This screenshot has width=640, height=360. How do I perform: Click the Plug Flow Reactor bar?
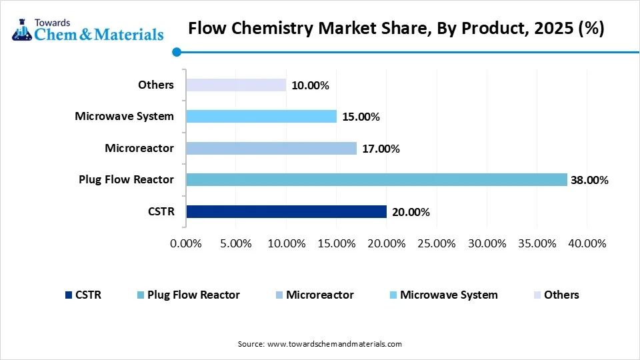[x=377, y=180]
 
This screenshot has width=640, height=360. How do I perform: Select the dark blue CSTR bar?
[x=286, y=212]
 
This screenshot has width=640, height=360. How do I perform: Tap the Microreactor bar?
[x=271, y=148]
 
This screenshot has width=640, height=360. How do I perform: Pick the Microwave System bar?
[x=261, y=117]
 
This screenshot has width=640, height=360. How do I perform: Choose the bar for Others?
[x=236, y=85]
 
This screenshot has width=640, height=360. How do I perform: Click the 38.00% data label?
[x=589, y=180]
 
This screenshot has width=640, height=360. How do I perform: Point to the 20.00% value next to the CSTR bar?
[x=411, y=212]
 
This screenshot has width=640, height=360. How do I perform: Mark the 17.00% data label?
[x=381, y=149]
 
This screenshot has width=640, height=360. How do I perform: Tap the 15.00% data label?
[x=361, y=117]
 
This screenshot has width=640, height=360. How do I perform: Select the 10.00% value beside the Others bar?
[x=310, y=85]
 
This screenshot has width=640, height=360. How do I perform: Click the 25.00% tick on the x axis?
[x=436, y=243]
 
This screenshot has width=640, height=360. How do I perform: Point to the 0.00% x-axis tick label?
[x=186, y=243]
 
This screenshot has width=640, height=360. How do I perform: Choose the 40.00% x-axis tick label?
[x=586, y=243]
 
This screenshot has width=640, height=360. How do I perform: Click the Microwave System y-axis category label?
[x=124, y=116]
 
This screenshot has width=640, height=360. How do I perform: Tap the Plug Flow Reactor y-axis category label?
[x=126, y=179]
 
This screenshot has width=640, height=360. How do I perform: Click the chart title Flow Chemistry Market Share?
[x=396, y=29]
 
